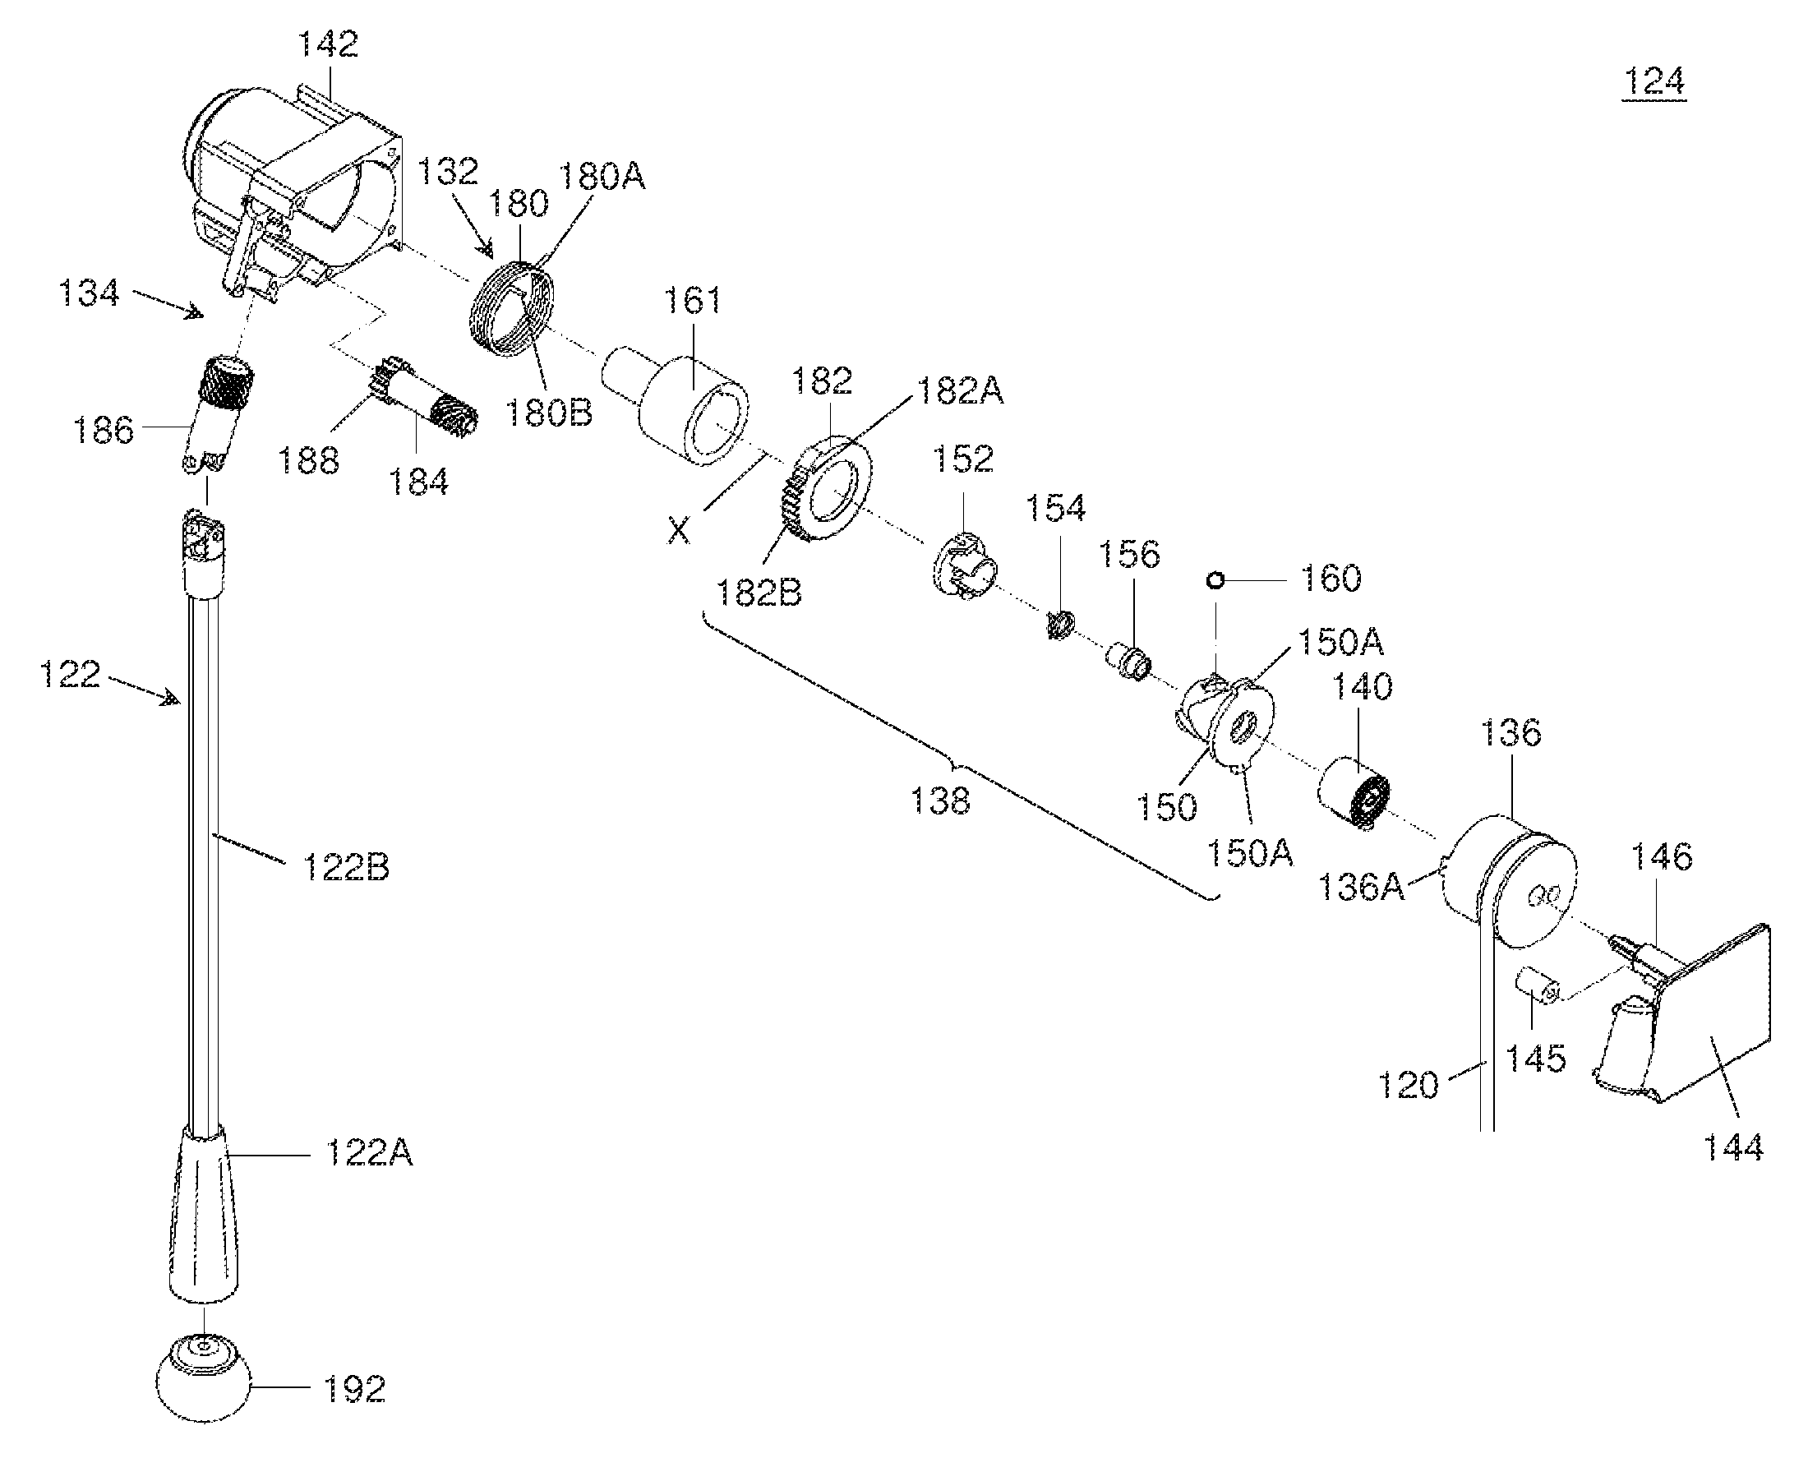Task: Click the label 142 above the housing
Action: pyautogui.click(x=329, y=44)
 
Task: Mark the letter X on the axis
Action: pyautogui.click(x=679, y=530)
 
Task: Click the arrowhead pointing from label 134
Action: pyautogui.click(x=195, y=312)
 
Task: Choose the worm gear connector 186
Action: pyautogui.click(x=217, y=412)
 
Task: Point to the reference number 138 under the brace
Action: pyautogui.click(x=940, y=800)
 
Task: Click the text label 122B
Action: pyautogui.click(x=345, y=867)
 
